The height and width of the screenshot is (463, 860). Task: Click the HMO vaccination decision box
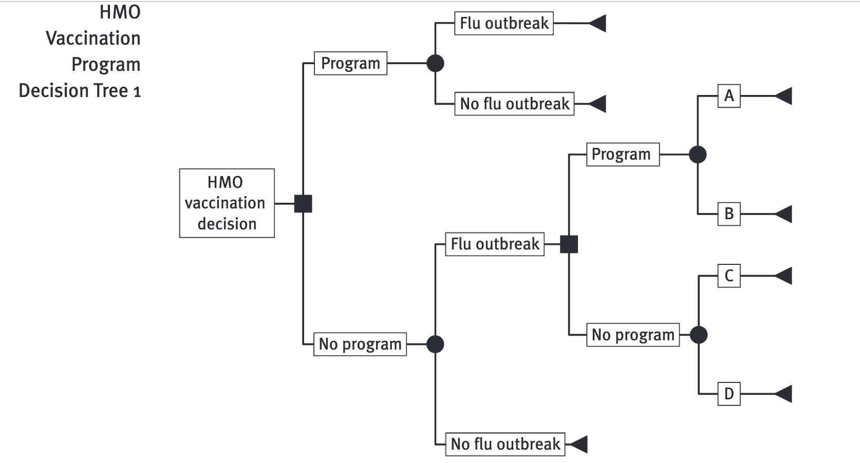coord(227,203)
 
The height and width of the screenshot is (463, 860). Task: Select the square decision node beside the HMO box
coord(303,204)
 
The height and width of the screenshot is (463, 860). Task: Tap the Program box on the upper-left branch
coord(350,63)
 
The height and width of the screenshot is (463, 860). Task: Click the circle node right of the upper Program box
coord(435,63)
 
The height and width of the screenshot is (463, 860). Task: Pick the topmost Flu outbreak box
coord(503,23)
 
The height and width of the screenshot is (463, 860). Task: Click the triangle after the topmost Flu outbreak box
coord(598,23)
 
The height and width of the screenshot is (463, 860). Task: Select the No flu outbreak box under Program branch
coord(514,104)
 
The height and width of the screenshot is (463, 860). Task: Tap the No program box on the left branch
coord(360,344)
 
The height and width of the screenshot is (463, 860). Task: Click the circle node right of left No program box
coord(435,344)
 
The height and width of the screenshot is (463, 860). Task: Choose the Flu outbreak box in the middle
coord(495,244)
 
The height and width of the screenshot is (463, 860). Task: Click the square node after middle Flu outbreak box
coord(569,244)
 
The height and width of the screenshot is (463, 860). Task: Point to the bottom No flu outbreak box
coord(505,444)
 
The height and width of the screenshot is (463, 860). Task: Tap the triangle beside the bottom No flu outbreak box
coord(579,444)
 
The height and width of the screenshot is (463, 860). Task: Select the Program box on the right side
coord(623,154)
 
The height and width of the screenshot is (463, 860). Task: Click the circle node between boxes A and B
coord(697,154)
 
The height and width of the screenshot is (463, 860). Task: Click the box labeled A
coord(729,96)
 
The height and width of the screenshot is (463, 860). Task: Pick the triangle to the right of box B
coord(784,214)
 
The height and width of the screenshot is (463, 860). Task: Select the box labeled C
coord(729,276)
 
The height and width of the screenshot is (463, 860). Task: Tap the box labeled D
coord(729,394)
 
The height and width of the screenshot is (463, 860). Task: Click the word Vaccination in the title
coord(93,38)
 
